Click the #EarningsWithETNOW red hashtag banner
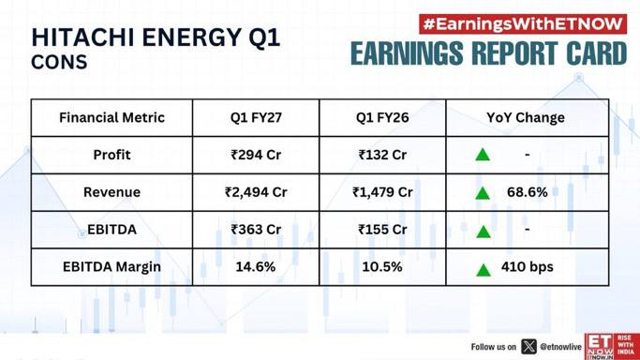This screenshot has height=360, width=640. (x=523, y=24)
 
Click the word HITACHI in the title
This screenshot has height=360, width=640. (x=83, y=37)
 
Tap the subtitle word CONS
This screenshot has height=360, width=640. (x=59, y=62)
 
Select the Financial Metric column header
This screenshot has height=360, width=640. (x=112, y=117)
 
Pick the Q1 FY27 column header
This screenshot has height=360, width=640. (x=256, y=117)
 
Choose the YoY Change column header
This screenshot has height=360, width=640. (x=526, y=117)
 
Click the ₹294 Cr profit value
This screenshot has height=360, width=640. (x=256, y=155)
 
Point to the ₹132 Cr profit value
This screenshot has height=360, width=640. (x=382, y=155)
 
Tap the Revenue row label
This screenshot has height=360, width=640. (x=112, y=192)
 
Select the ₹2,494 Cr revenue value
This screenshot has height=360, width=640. (x=256, y=192)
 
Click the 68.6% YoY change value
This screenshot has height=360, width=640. (x=528, y=192)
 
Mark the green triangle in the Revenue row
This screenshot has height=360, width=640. (x=483, y=193)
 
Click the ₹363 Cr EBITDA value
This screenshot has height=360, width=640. (x=256, y=230)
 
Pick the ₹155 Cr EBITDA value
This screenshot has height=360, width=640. (x=382, y=230)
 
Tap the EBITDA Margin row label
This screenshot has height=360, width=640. (x=112, y=267)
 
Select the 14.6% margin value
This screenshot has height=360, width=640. (x=256, y=267)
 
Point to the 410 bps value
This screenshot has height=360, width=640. (x=528, y=267)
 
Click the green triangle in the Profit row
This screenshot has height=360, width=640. (x=483, y=155)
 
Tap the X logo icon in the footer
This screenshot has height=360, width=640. (x=529, y=347)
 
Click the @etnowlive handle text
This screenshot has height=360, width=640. (x=560, y=347)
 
